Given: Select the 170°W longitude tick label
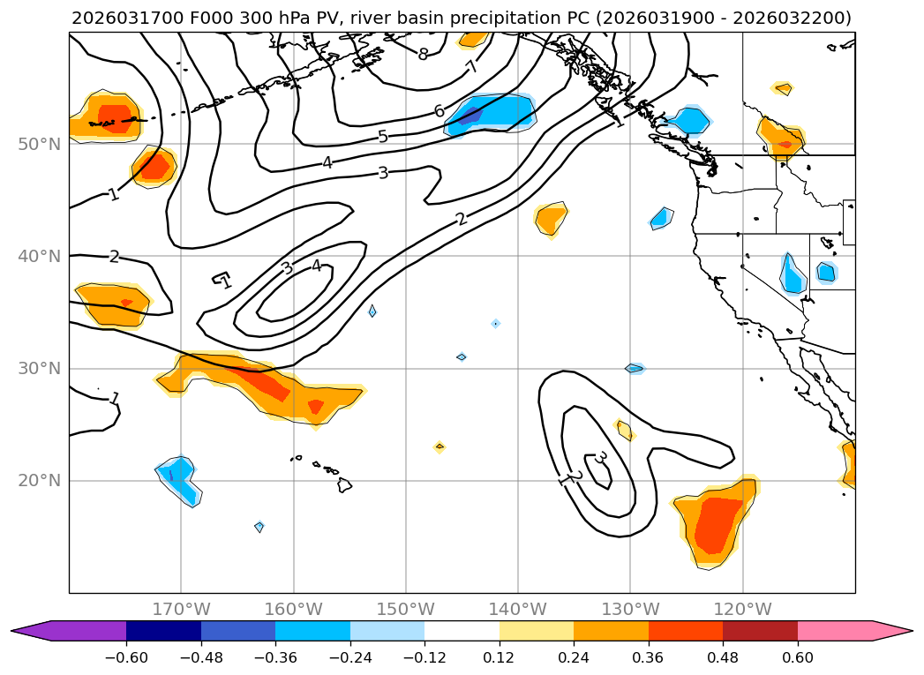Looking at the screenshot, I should (x=181, y=609).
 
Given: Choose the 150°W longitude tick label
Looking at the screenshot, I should (x=405, y=609).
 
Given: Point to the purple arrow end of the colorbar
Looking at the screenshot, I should (x=31, y=630).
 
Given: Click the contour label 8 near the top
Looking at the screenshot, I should (x=424, y=55).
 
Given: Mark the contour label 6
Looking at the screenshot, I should (x=439, y=111).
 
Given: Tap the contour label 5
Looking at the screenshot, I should (x=382, y=137).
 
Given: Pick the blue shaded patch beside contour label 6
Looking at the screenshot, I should (x=494, y=112).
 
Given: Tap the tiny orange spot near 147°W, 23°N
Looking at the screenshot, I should (x=439, y=447).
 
